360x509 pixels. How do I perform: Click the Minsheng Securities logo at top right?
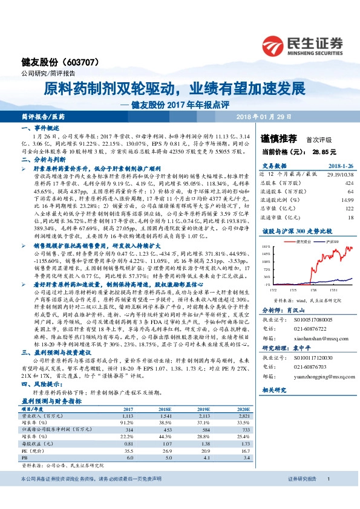coord(302,44)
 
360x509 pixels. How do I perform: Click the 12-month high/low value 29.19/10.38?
coord(332,173)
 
